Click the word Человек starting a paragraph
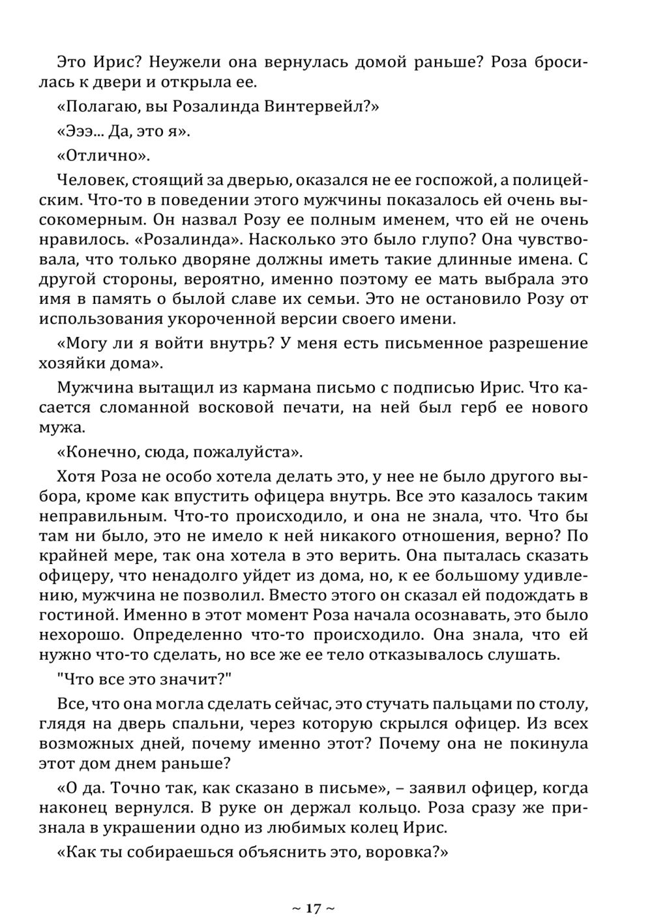87,180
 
